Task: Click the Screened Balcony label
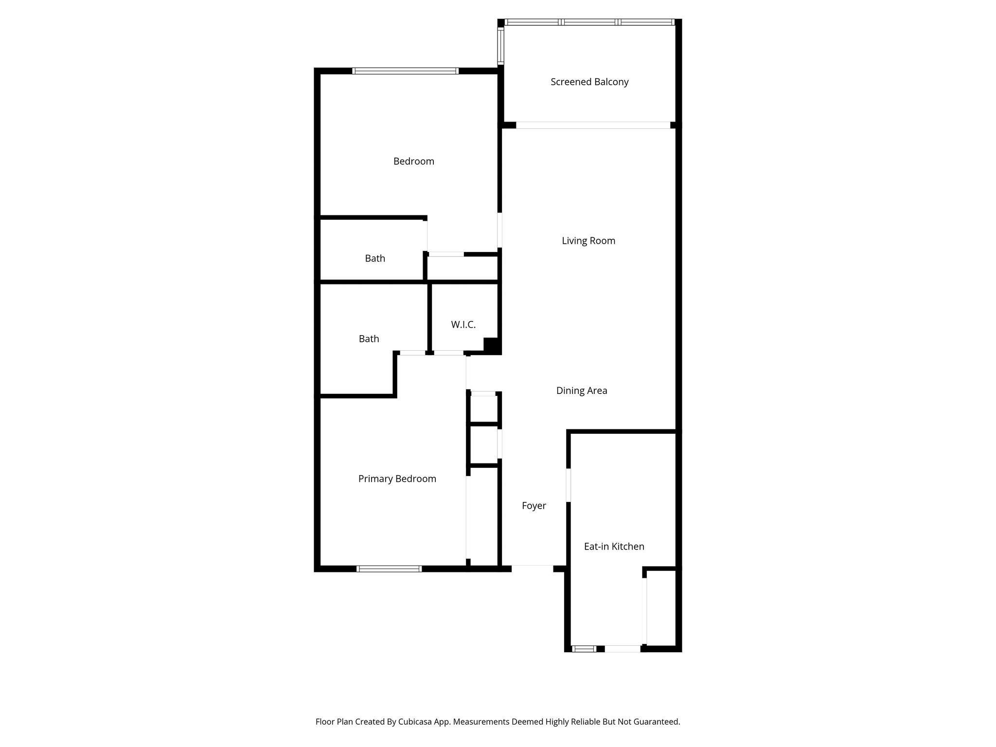tap(589, 82)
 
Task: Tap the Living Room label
tap(588, 241)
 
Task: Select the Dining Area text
tap(582, 391)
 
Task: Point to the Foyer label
tap(534, 506)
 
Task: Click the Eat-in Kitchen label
tap(614, 547)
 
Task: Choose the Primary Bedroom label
tap(397, 479)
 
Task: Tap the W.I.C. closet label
tap(463, 324)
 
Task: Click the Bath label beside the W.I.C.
tap(369, 339)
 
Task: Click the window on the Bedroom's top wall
tap(405, 71)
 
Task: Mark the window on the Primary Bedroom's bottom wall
tap(389, 569)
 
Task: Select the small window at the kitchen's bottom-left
tap(584, 648)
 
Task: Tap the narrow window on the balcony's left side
tap(500, 46)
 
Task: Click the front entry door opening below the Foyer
tap(532, 568)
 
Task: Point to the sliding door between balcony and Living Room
tap(593, 125)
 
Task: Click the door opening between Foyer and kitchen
tap(569, 484)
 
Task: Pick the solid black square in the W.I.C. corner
tap(492, 345)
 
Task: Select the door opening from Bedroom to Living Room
tap(499, 230)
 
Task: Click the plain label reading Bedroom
tap(414, 161)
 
